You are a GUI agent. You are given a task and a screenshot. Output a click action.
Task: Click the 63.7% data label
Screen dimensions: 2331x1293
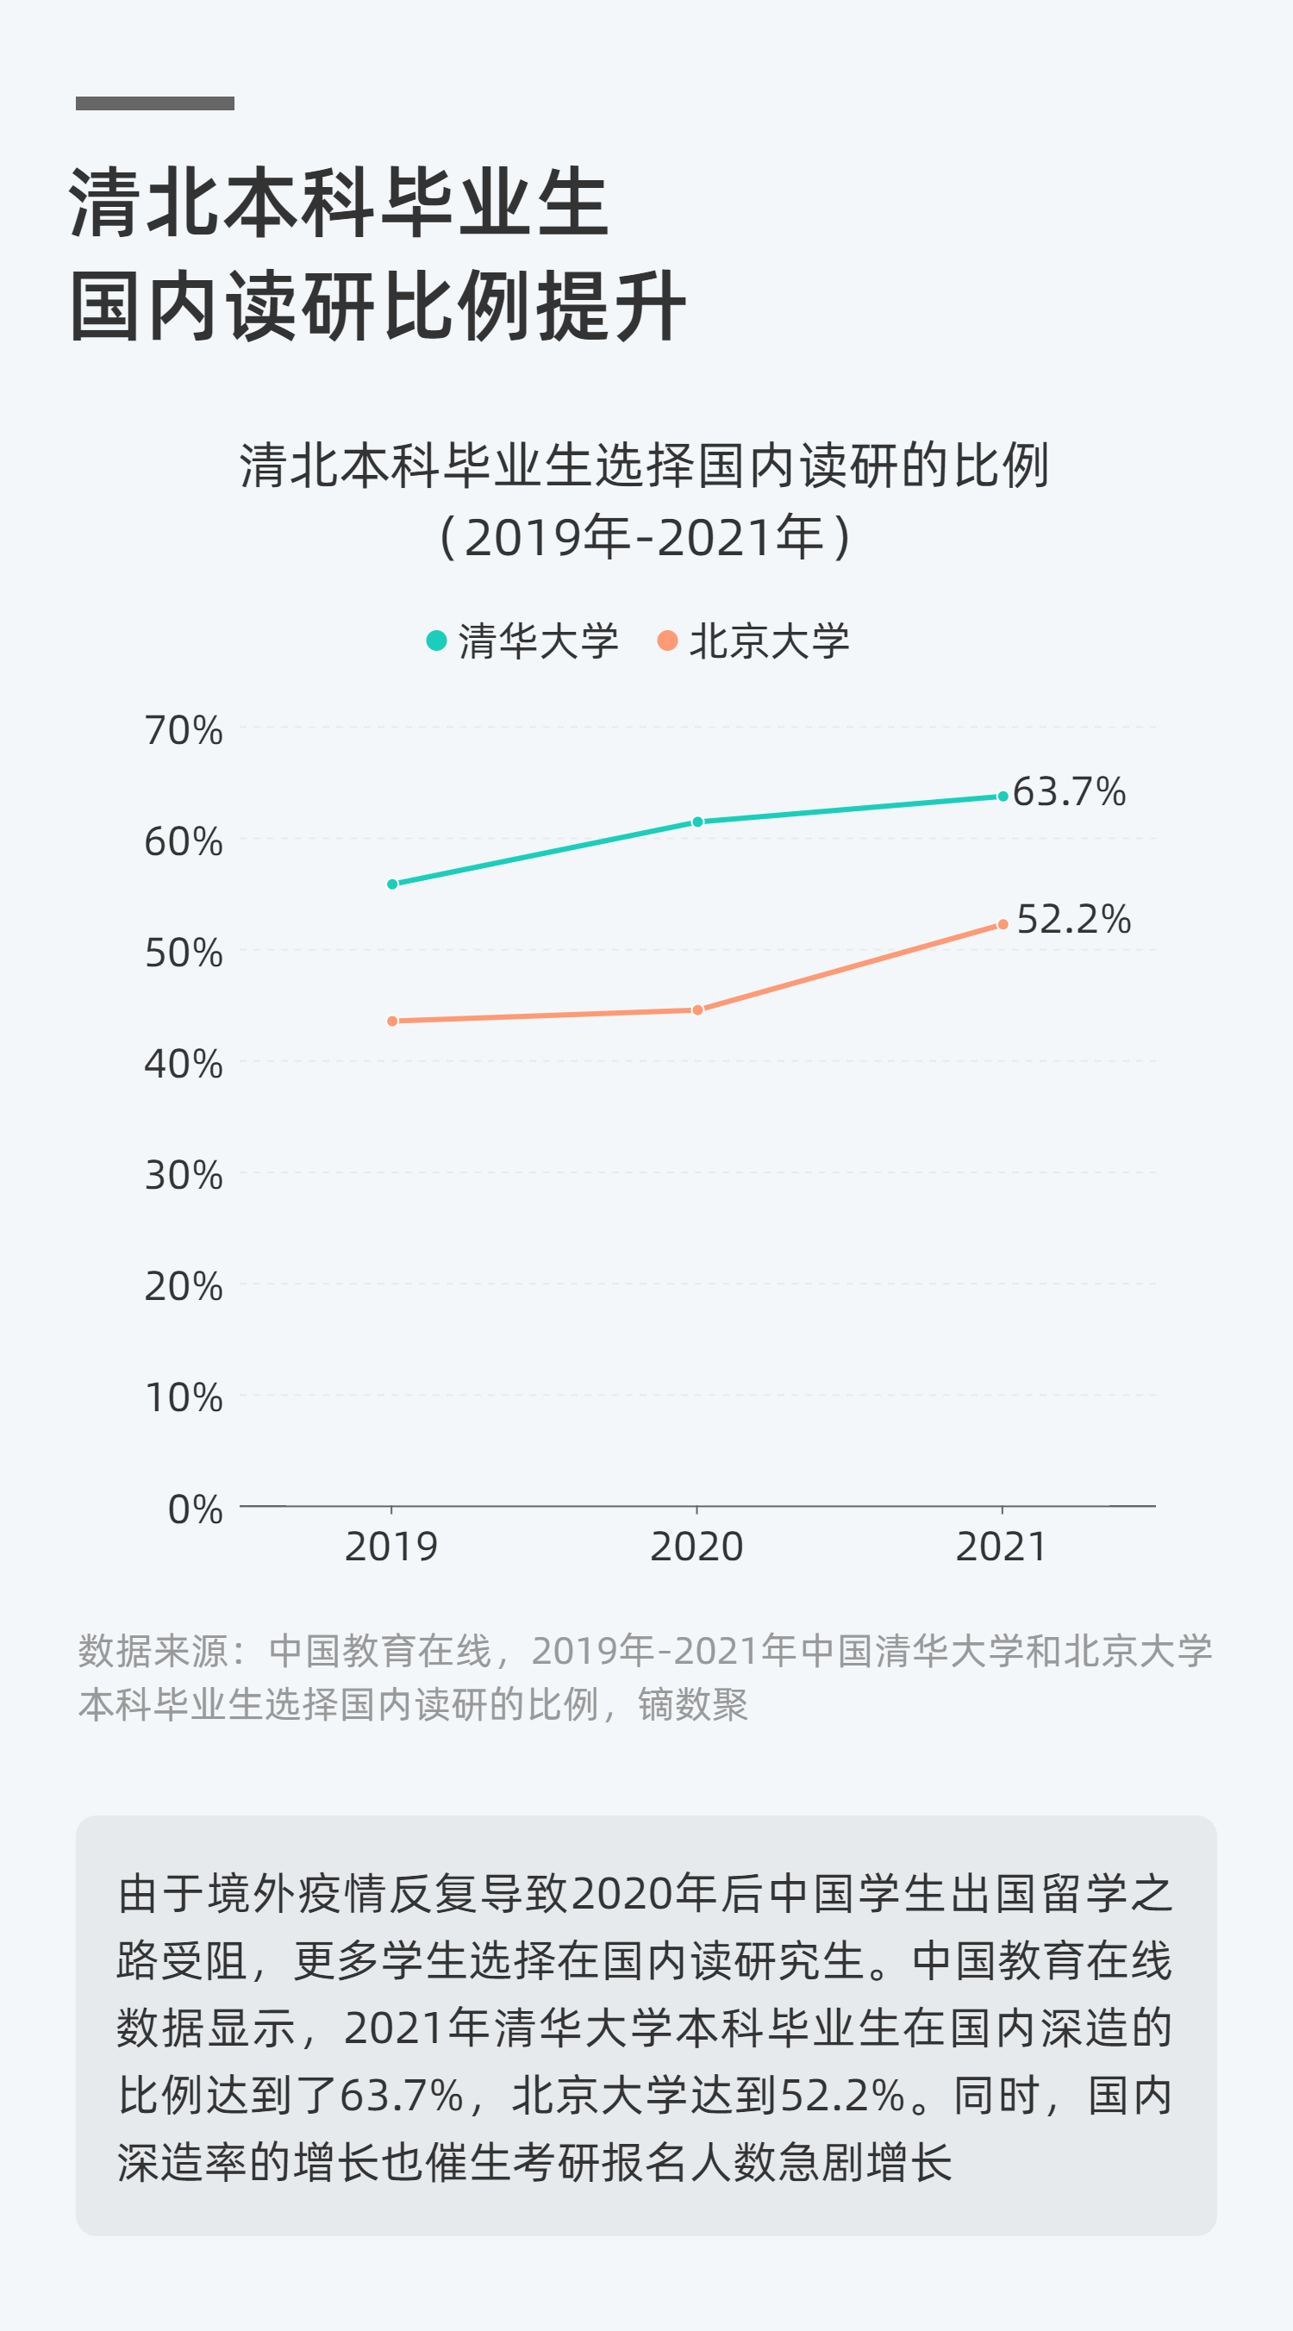(x=1069, y=791)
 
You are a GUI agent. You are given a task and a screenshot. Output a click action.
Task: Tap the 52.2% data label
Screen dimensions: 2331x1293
(x=1073, y=919)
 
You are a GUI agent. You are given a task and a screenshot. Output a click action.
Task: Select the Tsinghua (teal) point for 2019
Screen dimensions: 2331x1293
(x=392, y=884)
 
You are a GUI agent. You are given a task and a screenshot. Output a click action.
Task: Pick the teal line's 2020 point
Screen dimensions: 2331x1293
(x=696, y=822)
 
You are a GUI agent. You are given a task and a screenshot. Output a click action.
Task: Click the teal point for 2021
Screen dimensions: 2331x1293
(x=1002, y=797)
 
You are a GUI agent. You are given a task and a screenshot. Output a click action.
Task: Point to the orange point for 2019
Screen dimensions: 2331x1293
(x=392, y=1021)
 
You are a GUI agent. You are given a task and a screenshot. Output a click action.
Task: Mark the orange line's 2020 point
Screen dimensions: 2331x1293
(x=696, y=1009)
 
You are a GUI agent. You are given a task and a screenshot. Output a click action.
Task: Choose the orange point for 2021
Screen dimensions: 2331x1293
(x=1002, y=924)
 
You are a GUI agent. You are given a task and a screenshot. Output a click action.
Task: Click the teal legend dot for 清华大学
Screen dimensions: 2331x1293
(x=436, y=641)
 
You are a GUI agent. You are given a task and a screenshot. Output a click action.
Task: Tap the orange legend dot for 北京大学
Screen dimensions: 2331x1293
(x=667, y=641)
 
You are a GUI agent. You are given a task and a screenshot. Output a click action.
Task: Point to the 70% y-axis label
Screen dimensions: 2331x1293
(x=184, y=730)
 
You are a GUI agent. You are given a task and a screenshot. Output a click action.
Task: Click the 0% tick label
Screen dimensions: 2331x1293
(x=195, y=1509)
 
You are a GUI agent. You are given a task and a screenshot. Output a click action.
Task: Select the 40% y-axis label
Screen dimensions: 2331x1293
(x=184, y=1064)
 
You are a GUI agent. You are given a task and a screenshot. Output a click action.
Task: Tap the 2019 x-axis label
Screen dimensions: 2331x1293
(x=390, y=1547)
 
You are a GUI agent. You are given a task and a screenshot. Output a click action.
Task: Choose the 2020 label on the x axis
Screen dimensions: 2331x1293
(x=696, y=1547)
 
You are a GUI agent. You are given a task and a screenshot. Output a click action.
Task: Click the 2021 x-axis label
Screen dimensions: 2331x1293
(x=1002, y=1547)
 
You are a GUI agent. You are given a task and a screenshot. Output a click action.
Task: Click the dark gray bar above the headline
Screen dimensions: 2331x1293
(x=154, y=103)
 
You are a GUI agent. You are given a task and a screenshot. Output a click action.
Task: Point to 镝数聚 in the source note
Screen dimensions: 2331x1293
(x=693, y=1705)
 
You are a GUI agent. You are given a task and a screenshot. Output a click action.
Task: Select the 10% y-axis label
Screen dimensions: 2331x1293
(x=184, y=1398)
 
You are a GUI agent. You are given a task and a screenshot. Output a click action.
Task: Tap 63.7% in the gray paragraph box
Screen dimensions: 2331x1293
(x=401, y=2096)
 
